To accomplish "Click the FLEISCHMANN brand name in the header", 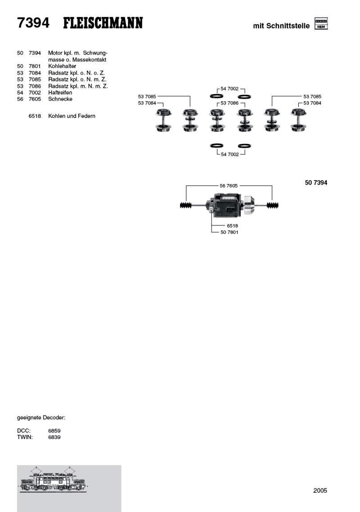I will click(x=103, y=23).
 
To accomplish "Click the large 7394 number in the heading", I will click(x=33, y=23).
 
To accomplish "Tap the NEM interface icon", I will click(x=321, y=23).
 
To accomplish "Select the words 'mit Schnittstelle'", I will click(x=281, y=26).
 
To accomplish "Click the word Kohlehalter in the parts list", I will click(x=62, y=66).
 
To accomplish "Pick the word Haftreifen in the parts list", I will click(x=60, y=92).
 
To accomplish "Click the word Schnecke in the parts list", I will click(x=60, y=99).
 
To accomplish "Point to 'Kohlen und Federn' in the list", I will click(x=72, y=116).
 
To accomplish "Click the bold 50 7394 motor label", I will click(x=316, y=183).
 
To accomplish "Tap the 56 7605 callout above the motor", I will click(x=229, y=185).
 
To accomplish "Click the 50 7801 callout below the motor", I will click(x=229, y=232).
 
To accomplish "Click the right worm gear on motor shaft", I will click(x=273, y=206).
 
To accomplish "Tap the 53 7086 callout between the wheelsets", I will click(x=229, y=103).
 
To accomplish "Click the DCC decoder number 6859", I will click(x=54, y=431).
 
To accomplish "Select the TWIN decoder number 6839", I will click(x=54, y=437).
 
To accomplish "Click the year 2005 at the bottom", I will click(x=320, y=490).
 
